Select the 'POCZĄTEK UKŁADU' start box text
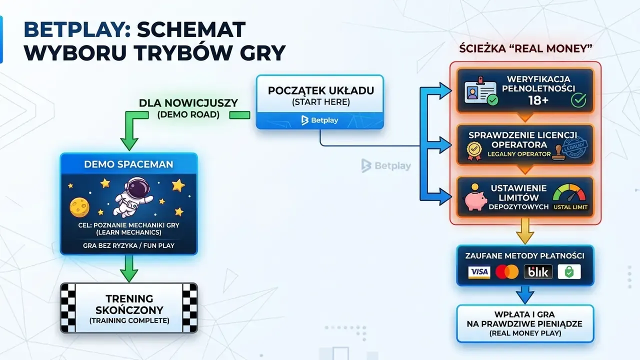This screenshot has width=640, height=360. [321, 90]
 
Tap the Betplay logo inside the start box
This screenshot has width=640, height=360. [319, 120]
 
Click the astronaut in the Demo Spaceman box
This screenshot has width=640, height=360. [133, 196]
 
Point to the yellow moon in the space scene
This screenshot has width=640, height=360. [79, 207]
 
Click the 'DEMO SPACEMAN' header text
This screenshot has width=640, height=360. [128, 164]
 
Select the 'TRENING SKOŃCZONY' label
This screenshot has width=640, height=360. [129, 304]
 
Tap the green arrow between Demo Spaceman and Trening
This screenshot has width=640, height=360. [129, 268]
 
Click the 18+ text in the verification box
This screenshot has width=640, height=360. [538, 100]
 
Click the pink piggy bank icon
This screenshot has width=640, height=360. [475, 198]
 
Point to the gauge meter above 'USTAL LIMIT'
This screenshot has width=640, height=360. [569, 193]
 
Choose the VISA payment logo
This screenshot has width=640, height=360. [479, 271]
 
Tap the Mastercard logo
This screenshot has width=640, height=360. [507, 271]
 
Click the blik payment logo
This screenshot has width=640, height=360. [538, 271]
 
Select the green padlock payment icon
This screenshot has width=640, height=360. [569, 271]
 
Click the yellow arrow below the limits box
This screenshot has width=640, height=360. [525, 231]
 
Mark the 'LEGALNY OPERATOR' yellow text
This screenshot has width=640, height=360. [519, 154]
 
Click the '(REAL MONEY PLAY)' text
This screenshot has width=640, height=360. [525, 333]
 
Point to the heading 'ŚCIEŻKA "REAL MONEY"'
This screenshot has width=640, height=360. [525, 48]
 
